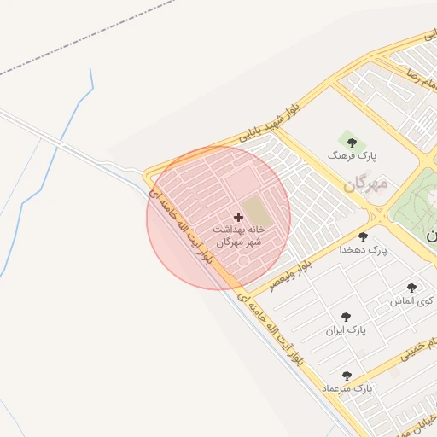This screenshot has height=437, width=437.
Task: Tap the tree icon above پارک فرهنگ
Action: pyautogui.click(x=352, y=143)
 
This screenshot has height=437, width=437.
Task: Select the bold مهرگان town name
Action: pyautogui.click(x=366, y=184)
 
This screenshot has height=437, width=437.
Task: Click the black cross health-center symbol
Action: pyautogui.click(x=238, y=218)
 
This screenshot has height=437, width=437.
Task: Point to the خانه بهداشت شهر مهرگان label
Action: pyautogui.click(x=238, y=236)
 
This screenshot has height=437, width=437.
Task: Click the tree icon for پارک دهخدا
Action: pyautogui.click(x=364, y=236)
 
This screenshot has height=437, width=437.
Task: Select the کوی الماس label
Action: pyautogui.click(x=411, y=301)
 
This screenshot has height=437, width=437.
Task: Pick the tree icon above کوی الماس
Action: pyautogui.click(x=411, y=288)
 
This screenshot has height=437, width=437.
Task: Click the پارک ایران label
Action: pyautogui.click(x=346, y=329)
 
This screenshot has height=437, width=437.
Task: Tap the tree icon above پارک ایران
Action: pyautogui.click(x=346, y=316)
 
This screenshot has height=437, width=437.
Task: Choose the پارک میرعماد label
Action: pyautogui.click(x=347, y=389)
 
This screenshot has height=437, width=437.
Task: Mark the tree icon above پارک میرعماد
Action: pyautogui.click(x=347, y=376)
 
